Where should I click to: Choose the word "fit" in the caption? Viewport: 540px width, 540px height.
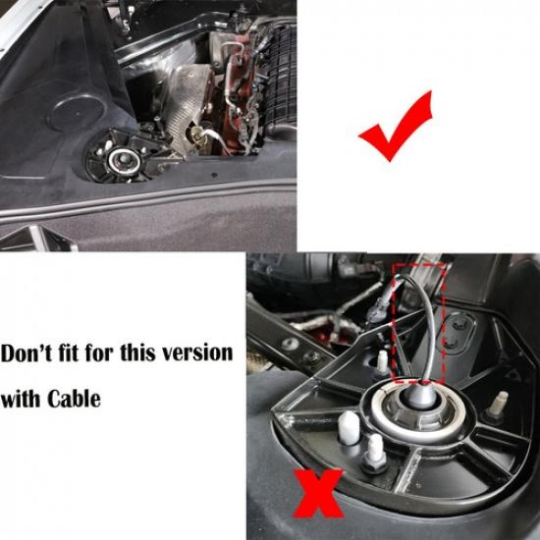coord(80,351)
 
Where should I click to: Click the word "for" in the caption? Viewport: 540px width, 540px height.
coord(110,351)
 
